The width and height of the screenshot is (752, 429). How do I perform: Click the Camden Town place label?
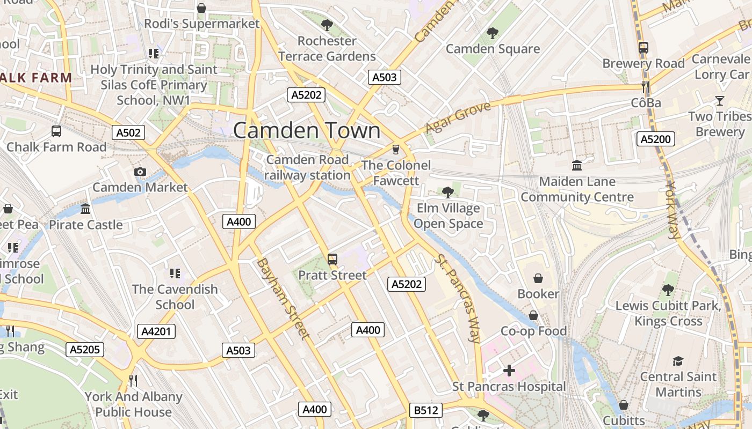pos(307,131)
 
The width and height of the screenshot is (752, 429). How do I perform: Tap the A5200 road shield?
pos(655,139)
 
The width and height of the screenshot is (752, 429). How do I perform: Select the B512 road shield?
pos(425,411)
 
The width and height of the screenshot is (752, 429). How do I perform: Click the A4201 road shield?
pos(156,331)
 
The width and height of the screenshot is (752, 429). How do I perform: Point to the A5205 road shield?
pos(85,350)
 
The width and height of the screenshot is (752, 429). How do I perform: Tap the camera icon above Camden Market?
pos(140,172)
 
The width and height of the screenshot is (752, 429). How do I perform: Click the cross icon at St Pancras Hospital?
pos(509,370)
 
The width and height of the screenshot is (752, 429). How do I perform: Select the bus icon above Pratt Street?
pos(332,260)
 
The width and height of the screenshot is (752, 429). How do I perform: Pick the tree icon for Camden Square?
pos(492,33)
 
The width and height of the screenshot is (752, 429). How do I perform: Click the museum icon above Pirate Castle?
pos(85,209)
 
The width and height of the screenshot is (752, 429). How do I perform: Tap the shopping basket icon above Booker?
pos(538,278)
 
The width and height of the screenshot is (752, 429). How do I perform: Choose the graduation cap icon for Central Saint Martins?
pos(678,361)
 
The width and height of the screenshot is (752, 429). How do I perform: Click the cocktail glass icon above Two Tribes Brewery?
pos(719,100)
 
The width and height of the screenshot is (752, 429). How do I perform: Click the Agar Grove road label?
pos(458,118)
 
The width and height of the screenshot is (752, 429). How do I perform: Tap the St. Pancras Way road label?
pos(458,298)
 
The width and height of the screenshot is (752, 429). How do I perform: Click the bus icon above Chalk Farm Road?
pos(56,131)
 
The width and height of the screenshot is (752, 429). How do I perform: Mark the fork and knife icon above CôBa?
pos(646,86)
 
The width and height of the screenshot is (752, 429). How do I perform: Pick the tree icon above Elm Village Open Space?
pos(447,192)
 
